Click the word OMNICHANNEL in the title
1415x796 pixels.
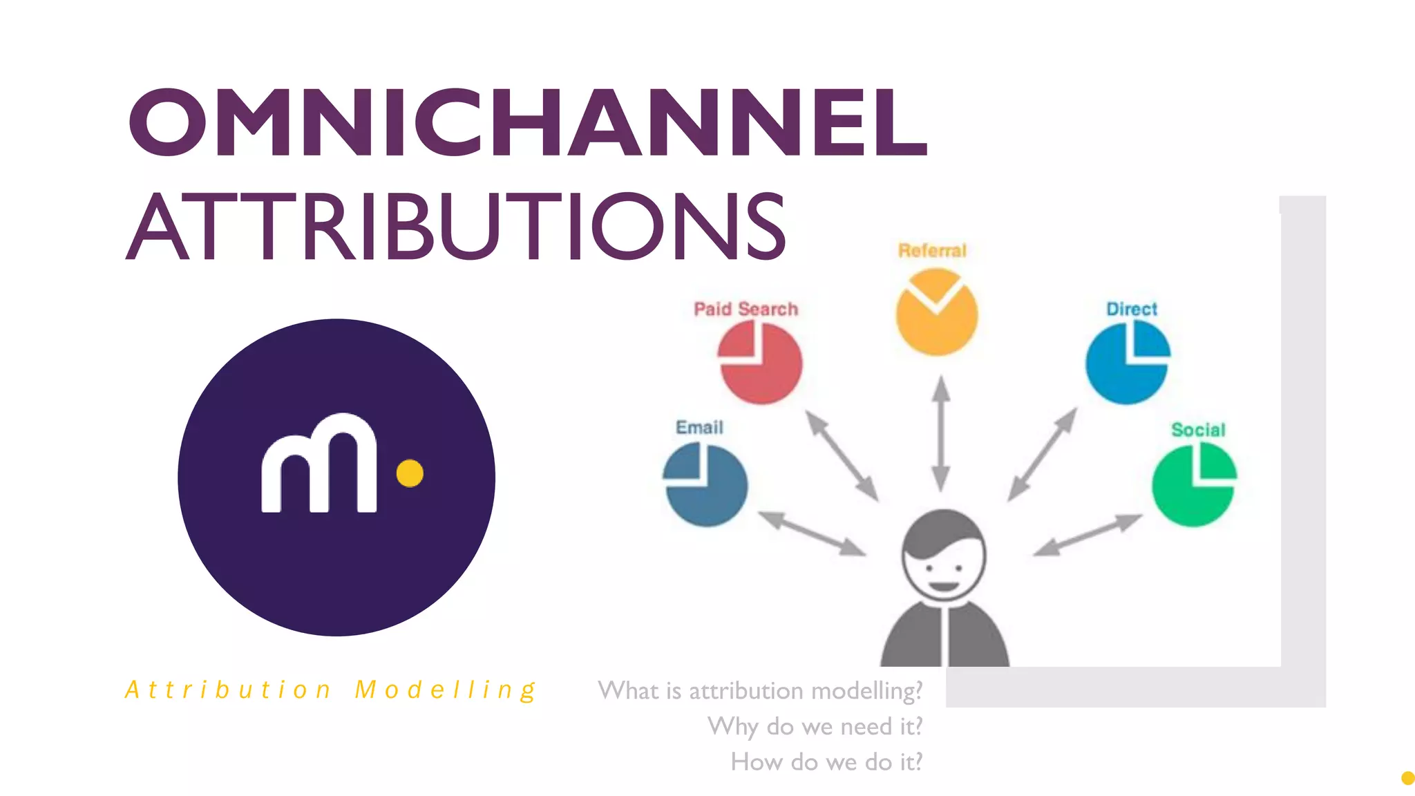coord(528,122)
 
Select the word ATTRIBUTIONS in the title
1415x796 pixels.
coord(456,226)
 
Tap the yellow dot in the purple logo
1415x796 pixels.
coord(410,473)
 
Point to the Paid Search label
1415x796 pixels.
coord(746,309)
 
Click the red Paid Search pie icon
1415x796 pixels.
coord(760,363)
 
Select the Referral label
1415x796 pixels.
coord(932,250)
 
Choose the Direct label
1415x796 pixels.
coord(1131,309)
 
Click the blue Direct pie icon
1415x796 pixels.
coord(1127,363)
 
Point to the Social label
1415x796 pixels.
coord(1198,430)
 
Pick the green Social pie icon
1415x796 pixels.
coord(1194,484)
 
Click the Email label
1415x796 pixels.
coord(699,427)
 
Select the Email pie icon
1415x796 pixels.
coord(705,484)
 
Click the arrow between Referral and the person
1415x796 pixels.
coord(940,433)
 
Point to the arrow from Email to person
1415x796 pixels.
coord(811,533)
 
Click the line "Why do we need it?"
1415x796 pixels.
coord(815,726)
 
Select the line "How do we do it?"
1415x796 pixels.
coord(826,761)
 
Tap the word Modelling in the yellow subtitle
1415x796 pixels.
coord(446,690)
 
